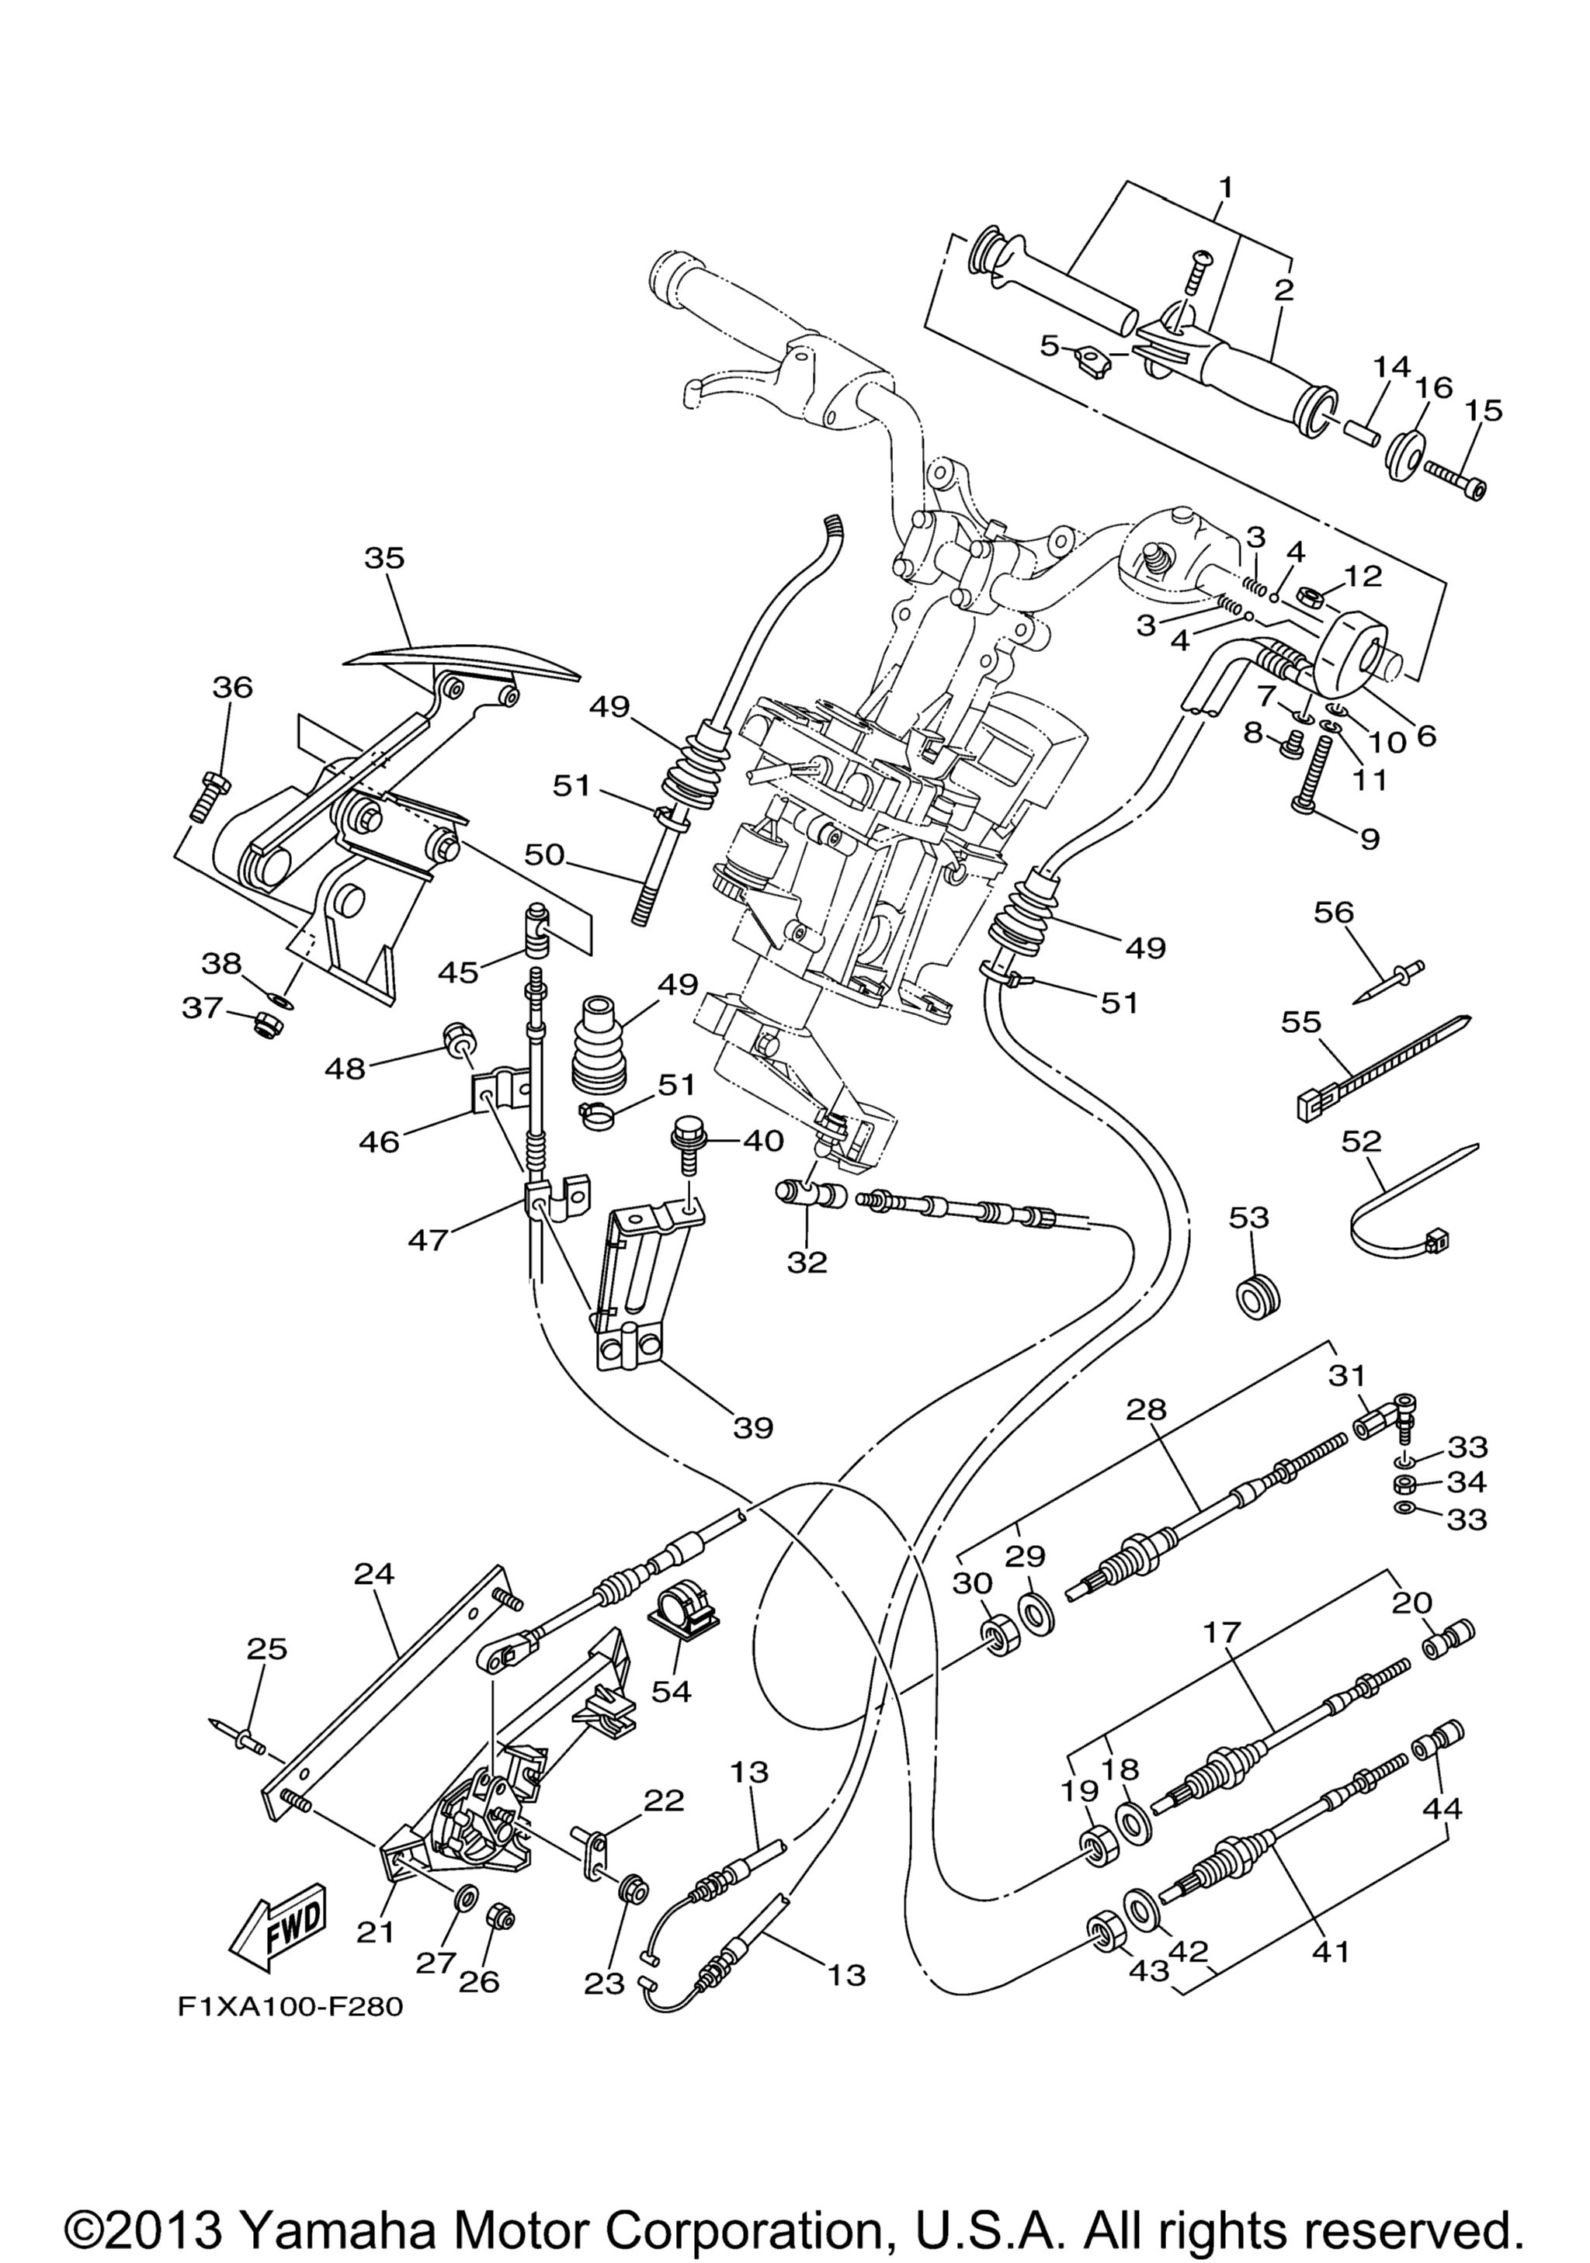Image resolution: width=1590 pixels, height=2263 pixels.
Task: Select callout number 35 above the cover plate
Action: tap(384, 558)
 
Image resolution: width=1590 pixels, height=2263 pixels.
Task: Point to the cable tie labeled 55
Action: tap(1380, 1069)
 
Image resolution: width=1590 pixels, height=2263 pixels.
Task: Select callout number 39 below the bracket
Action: tap(753, 1427)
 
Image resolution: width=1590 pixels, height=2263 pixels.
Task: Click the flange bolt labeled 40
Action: tap(686, 1146)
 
